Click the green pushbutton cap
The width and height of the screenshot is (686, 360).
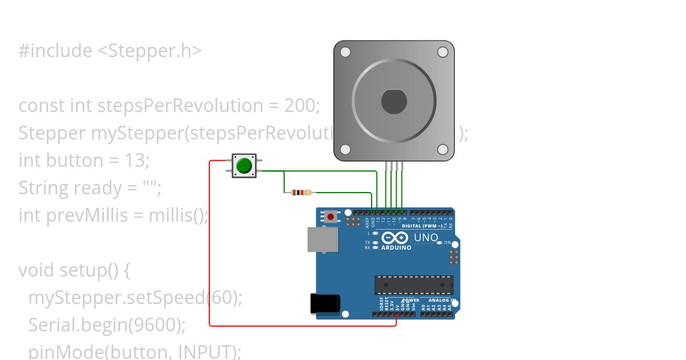[244, 166]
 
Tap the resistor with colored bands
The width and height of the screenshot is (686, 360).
[301, 193]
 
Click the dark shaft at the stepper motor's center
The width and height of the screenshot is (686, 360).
[394, 101]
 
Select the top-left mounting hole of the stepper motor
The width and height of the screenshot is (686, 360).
[345, 53]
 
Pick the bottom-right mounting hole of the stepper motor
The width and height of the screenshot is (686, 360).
[442, 149]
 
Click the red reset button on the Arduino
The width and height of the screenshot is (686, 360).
[330, 217]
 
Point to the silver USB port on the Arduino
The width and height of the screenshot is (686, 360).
[322, 239]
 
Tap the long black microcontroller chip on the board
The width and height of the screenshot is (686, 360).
[414, 285]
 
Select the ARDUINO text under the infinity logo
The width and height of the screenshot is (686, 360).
[396, 248]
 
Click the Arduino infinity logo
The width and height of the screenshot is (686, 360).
[395, 238]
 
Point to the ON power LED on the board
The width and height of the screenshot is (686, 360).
[440, 243]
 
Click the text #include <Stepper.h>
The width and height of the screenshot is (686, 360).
[110, 51]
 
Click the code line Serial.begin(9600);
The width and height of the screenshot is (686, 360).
[107, 325]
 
